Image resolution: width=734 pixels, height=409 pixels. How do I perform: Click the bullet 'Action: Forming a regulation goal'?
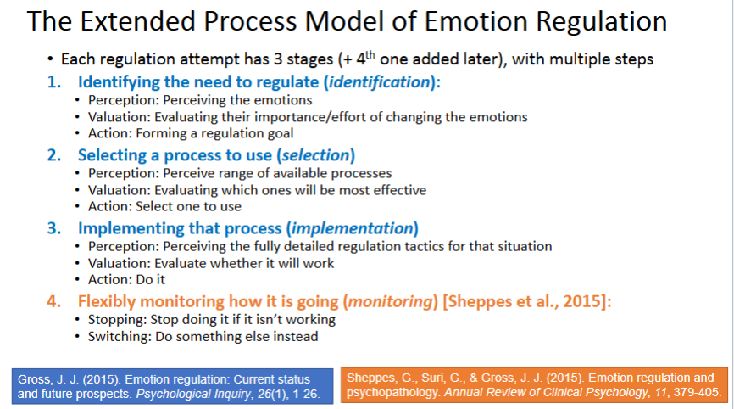pyautogui.click(x=191, y=133)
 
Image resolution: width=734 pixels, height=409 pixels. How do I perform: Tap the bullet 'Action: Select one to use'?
pyautogui.click(x=164, y=206)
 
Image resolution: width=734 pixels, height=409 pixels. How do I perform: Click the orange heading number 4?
pyautogui.click(x=53, y=300)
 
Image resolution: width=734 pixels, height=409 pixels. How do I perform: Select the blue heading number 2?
pyautogui.click(x=53, y=155)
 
